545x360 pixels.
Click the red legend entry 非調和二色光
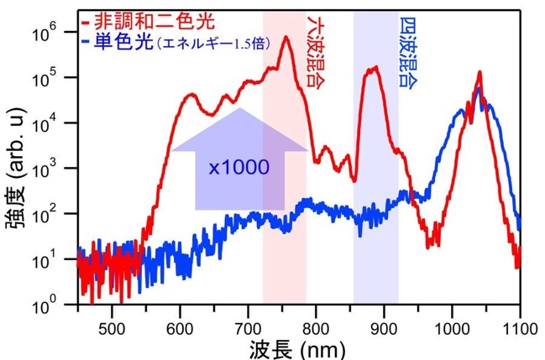[155, 22]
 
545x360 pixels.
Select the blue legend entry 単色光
[123, 43]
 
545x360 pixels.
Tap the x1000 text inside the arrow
[239, 168]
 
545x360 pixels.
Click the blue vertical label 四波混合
[408, 53]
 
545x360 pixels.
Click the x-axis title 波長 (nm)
[297, 349]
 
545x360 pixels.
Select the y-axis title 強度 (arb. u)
[16, 168]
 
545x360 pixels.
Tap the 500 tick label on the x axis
[112, 328]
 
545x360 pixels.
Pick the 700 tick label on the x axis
[249, 328]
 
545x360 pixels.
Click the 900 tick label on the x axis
[384, 328]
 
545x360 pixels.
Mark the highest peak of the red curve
[286, 37]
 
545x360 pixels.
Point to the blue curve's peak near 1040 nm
[479, 89]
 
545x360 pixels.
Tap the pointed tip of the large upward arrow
[239, 108]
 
